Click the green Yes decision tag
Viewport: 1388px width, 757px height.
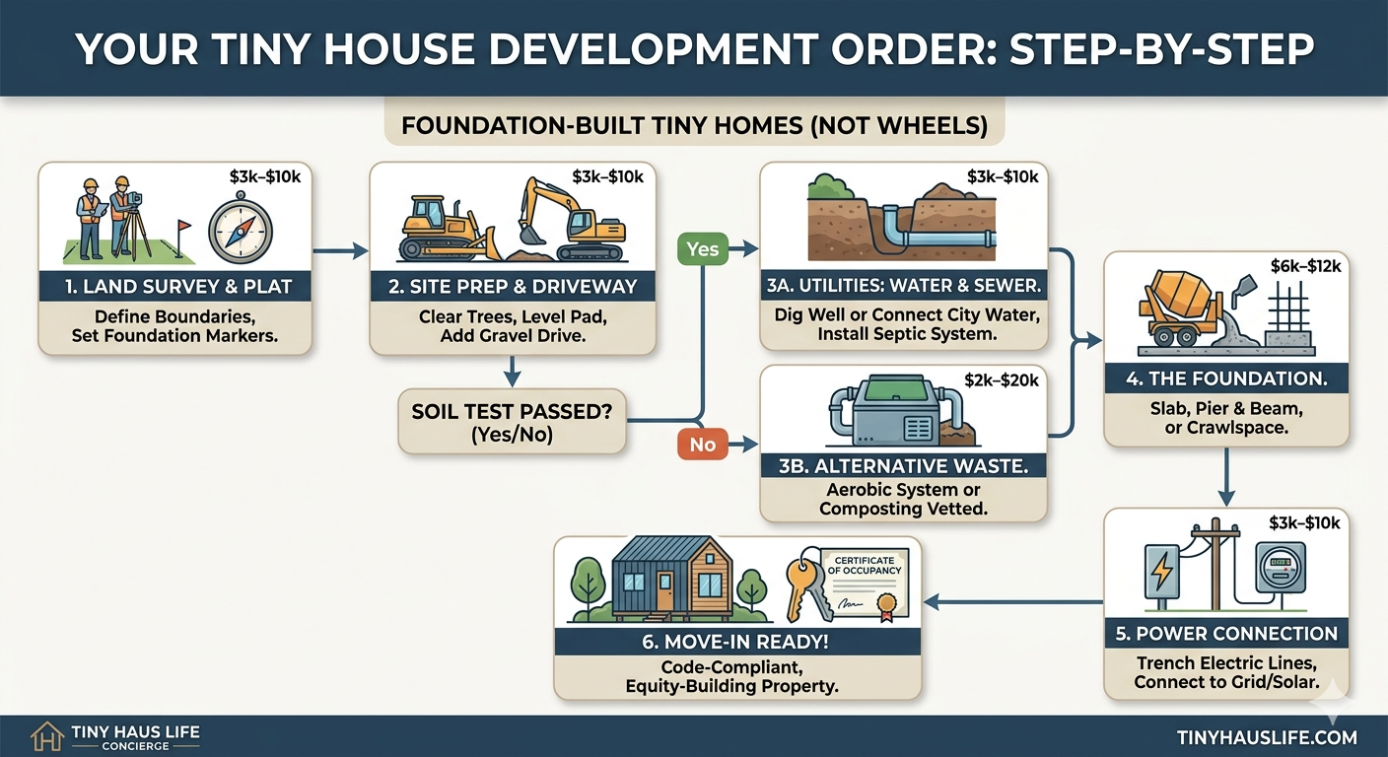[x=702, y=248]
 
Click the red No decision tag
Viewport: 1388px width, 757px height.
[x=702, y=445]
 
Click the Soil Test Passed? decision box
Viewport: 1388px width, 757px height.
[x=512, y=421]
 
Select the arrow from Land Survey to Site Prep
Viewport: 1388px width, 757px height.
[x=339, y=252]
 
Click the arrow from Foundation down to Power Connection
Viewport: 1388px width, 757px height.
[x=1225, y=477]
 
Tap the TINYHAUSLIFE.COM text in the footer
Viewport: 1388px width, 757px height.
[x=1266, y=736]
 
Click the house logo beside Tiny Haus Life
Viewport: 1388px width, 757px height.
[x=46, y=736]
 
